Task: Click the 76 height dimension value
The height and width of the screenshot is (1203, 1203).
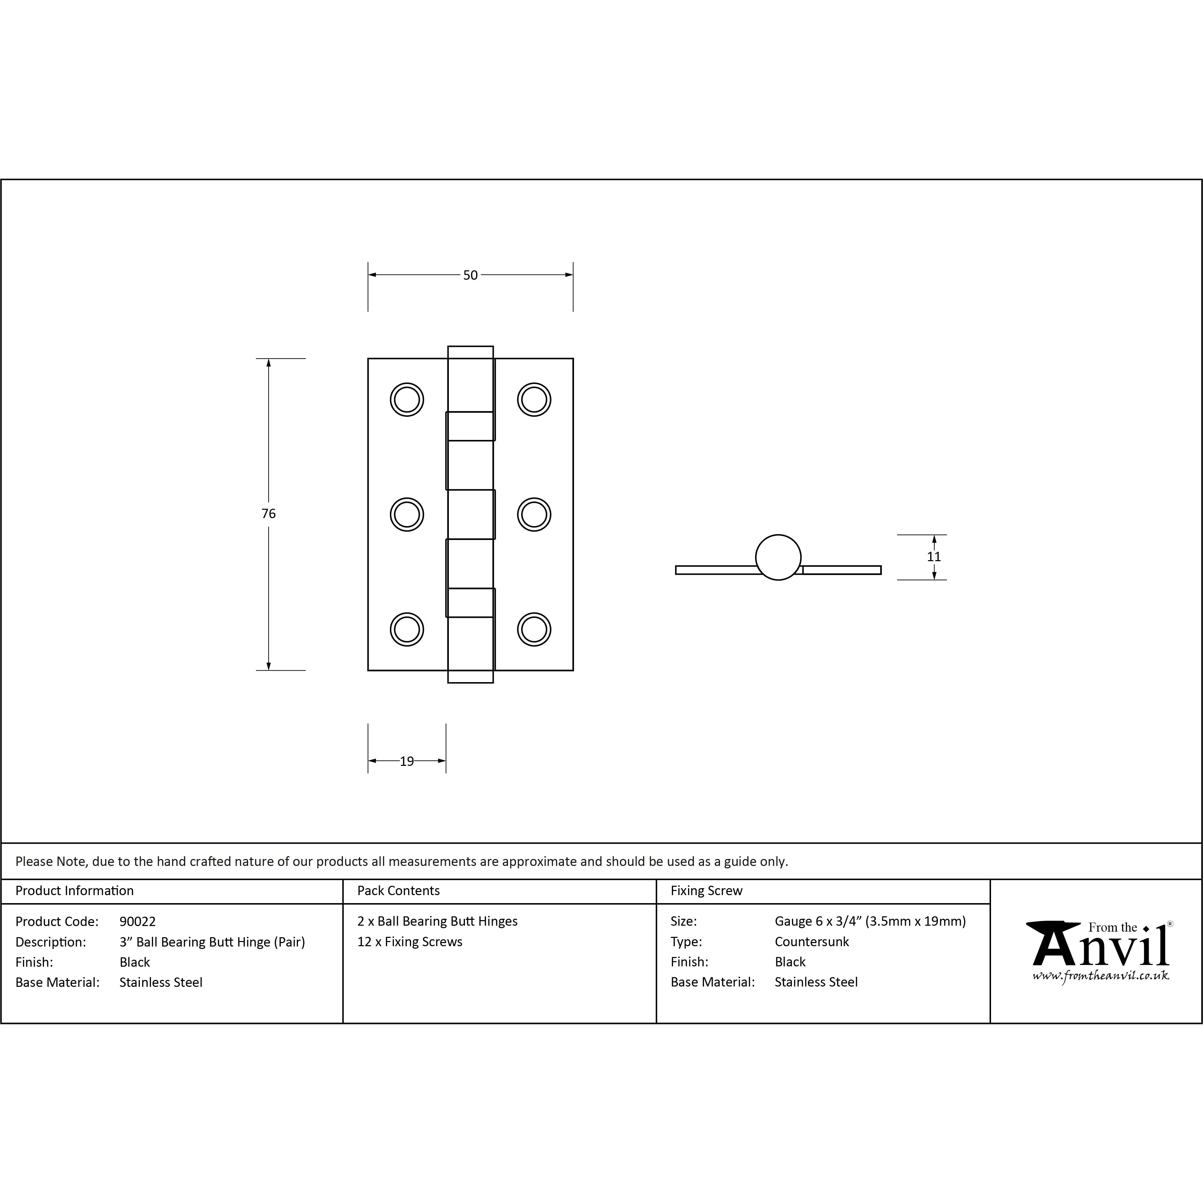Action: click(268, 514)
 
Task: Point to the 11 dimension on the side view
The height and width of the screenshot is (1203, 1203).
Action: click(934, 557)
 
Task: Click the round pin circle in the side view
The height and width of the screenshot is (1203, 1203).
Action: click(778, 535)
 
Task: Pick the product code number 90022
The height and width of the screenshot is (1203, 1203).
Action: click(138, 922)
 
